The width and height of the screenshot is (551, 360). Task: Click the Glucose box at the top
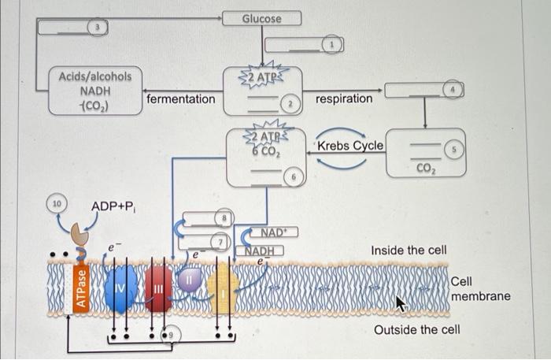tap(261, 17)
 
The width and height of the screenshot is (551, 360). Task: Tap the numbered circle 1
tap(333, 46)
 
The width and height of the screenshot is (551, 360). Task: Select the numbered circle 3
tap(98, 28)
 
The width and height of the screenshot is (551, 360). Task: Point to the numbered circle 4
tap(453, 90)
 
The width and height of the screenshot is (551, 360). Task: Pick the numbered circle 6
tap(293, 178)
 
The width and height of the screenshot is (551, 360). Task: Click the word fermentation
tap(180, 99)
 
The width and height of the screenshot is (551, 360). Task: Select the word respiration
tap(344, 99)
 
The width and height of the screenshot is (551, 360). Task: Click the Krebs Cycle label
tap(350, 146)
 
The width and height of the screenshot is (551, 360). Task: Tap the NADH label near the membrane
tap(260, 251)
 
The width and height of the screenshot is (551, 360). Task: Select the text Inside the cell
tap(409, 251)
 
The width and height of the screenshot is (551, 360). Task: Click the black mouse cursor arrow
tap(401, 302)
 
